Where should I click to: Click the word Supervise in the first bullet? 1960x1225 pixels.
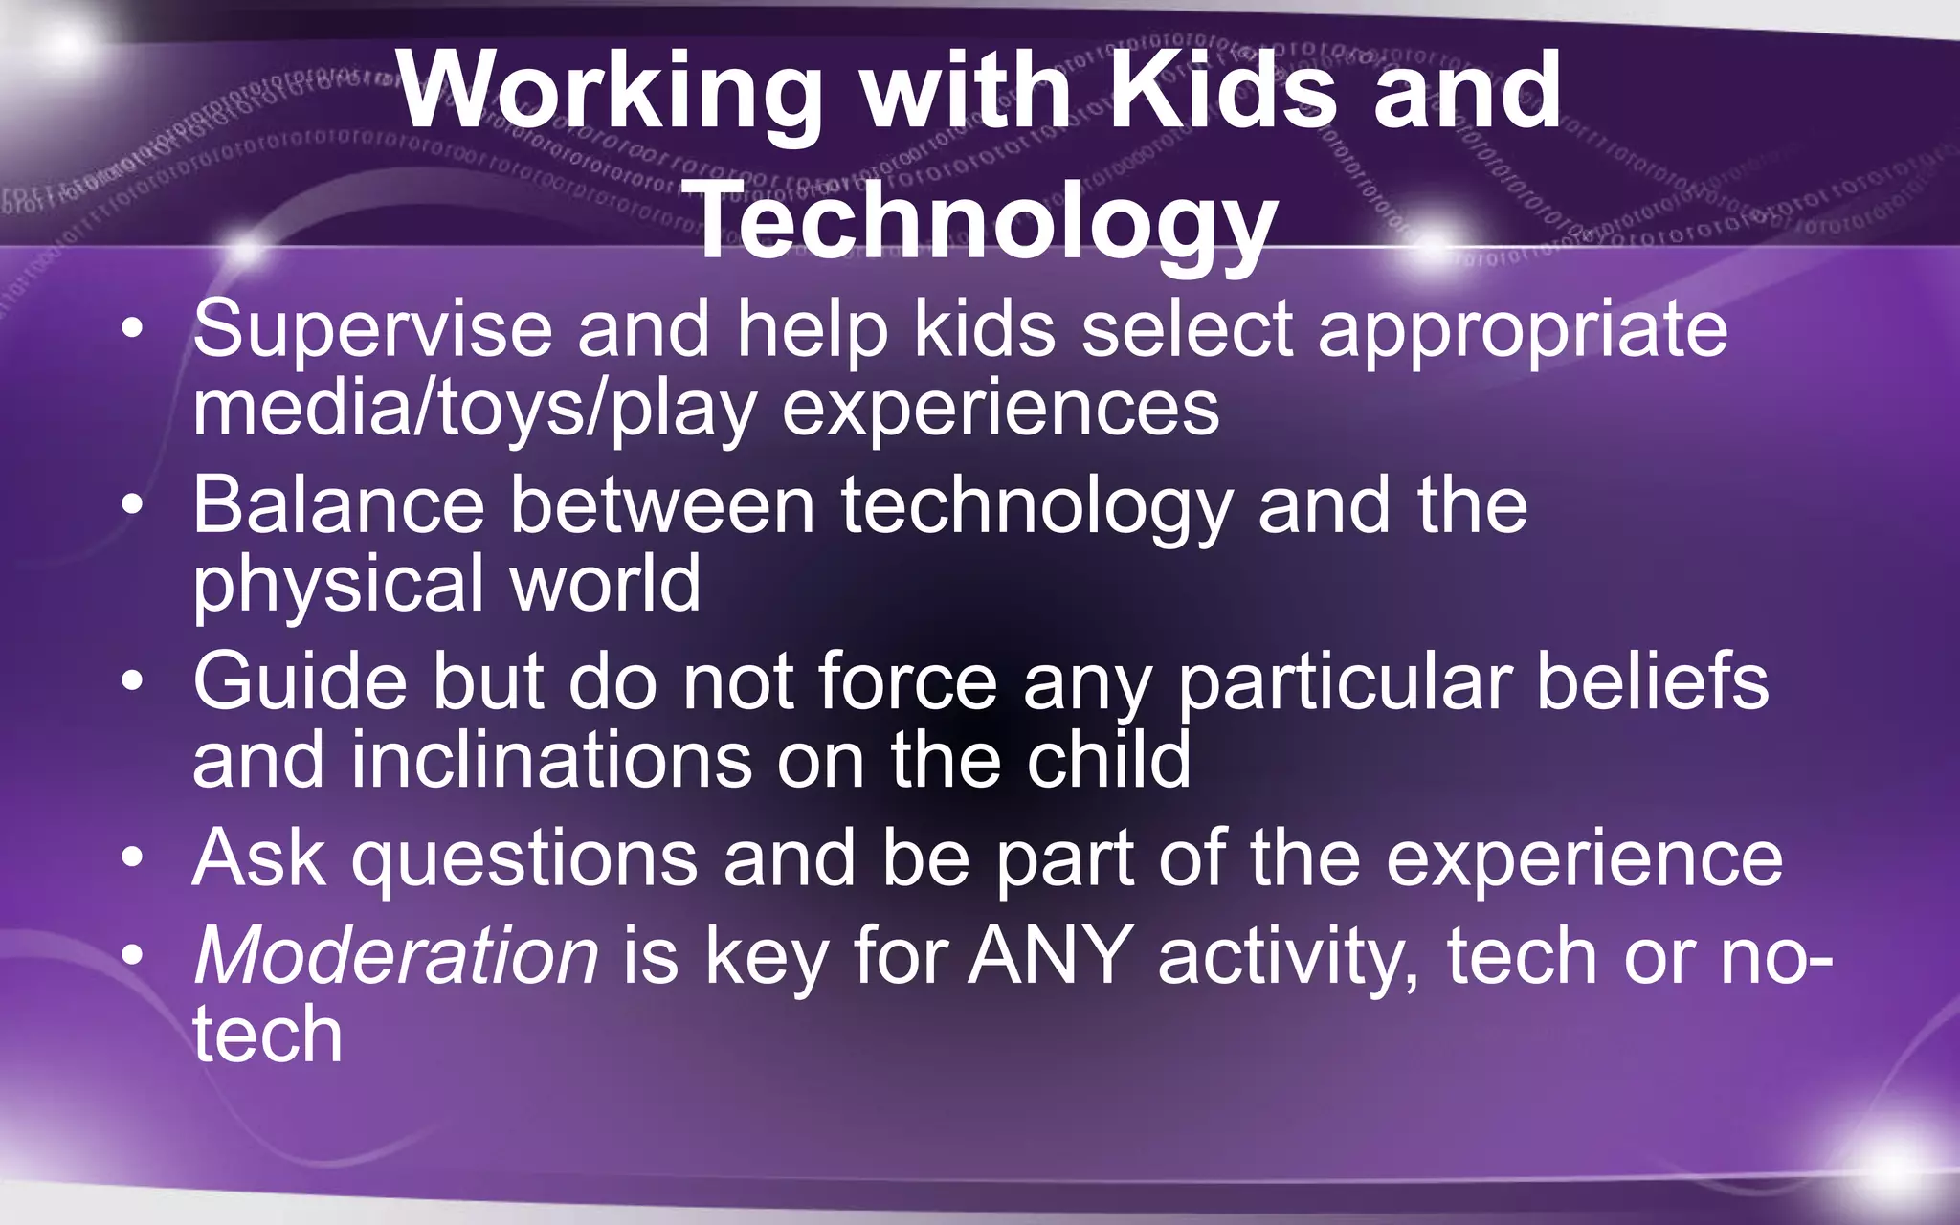pyautogui.click(x=372, y=329)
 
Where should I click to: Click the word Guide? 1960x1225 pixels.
pyautogui.click(x=300, y=681)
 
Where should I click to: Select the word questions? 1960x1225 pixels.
pyautogui.click(x=524, y=859)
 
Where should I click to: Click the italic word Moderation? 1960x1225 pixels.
pyautogui.click(x=395, y=955)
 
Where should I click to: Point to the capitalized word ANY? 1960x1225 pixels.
pyautogui.click(x=1050, y=955)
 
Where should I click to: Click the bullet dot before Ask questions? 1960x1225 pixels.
pyautogui.click(x=133, y=857)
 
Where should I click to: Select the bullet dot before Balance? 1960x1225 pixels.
pyautogui.click(x=133, y=504)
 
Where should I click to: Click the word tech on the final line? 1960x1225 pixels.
pyautogui.click(x=267, y=1035)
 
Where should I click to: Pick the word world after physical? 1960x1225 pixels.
pyautogui.click(x=605, y=584)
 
